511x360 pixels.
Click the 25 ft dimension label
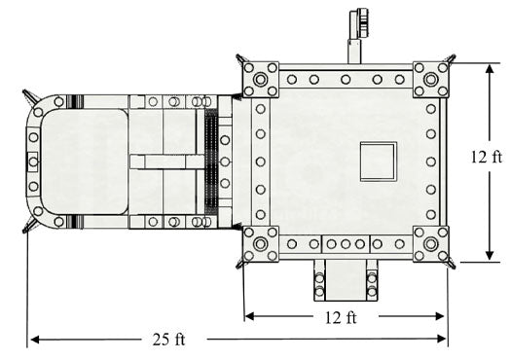(x=168, y=340)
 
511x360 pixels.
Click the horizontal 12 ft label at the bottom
(x=341, y=317)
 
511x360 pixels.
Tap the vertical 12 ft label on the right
(x=487, y=157)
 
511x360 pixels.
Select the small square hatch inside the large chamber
(x=379, y=162)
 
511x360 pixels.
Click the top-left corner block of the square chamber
(x=261, y=80)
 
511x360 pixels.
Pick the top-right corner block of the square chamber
(x=431, y=80)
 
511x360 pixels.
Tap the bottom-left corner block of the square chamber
(x=261, y=244)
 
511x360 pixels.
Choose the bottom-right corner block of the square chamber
(x=431, y=244)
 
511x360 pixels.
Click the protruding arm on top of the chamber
(x=357, y=36)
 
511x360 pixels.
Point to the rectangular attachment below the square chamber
(x=346, y=280)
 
